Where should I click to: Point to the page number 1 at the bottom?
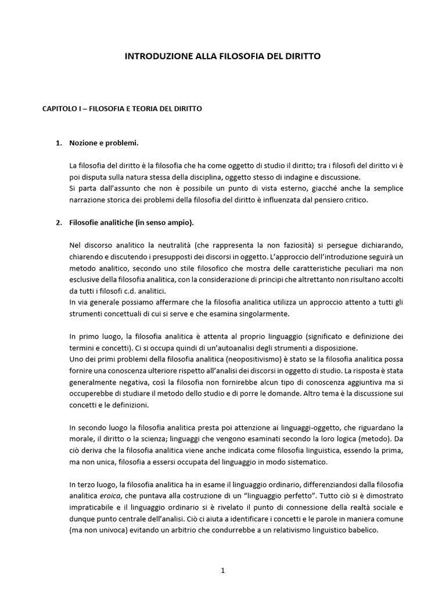pyautogui.click(x=222, y=571)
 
